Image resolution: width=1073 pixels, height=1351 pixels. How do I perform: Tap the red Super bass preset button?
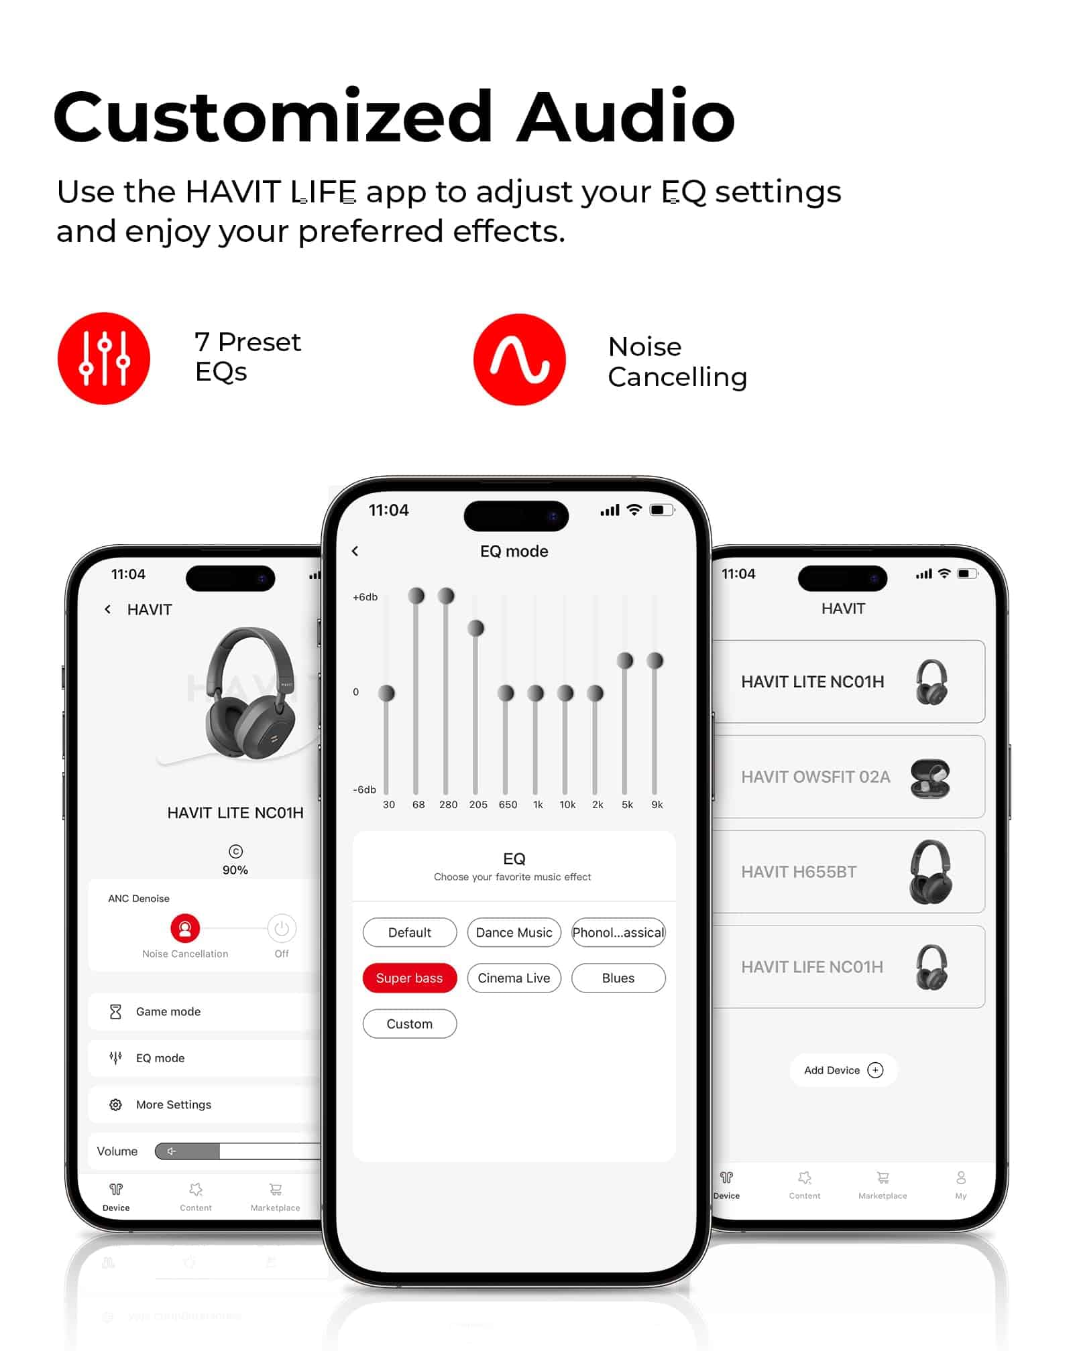click(x=409, y=978)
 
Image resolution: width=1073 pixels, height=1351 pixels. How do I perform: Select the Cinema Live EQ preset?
click(x=514, y=978)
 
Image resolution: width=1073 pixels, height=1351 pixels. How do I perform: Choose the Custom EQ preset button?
click(x=409, y=1023)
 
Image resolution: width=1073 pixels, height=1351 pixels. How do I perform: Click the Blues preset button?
click(x=618, y=978)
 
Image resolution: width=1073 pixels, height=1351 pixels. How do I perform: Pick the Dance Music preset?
click(x=514, y=932)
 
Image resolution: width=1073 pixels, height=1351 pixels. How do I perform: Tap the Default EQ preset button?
click(x=409, y=932)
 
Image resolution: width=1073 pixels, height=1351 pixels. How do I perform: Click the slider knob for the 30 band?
click(x=386, y=693)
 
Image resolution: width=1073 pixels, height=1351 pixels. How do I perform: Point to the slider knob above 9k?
click(x=655, y=661)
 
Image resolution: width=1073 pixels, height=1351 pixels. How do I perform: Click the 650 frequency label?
click(x=508, y=804)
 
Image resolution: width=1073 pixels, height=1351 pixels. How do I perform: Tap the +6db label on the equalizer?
click(x=365, y=596)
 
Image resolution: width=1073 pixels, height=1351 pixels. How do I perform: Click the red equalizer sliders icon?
click(x=104, y=359)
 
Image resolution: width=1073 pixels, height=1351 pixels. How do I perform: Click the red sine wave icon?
click(x=520, y=359)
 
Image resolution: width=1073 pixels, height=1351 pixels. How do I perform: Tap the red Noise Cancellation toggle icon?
click(x=185, y=928)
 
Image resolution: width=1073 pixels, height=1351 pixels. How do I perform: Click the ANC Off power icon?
click(x=282, y=928)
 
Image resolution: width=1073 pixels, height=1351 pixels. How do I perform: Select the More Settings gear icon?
click(x=115, y=1104)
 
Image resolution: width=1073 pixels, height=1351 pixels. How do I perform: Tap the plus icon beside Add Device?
click(x=875, y=1070)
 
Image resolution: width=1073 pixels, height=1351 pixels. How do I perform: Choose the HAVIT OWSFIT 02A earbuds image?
click(x=930, y=777)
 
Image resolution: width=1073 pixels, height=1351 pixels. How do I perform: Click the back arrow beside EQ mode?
click(x=355, y=551)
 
